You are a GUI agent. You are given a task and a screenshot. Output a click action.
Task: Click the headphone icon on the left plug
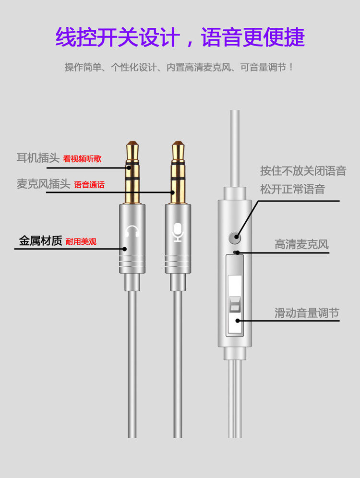(132, 231)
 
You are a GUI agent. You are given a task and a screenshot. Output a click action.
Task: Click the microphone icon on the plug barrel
(178, 232)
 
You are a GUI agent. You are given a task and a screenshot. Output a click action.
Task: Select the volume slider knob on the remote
(235, 304)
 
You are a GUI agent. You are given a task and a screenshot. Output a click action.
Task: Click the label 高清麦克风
(301, 244)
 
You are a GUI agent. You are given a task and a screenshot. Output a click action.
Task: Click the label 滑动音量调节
(307, 313)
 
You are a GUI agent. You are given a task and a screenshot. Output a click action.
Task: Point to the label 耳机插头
(38, 158)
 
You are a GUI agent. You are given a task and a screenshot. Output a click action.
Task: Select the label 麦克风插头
(43, 184)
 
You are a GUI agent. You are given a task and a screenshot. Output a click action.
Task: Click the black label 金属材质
(40, 240)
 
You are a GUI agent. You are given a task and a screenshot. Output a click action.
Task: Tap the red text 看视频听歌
(82, 159)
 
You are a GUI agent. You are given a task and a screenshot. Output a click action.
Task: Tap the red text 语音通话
(89, 185)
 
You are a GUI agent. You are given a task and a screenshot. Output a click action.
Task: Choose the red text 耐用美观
(81, 242)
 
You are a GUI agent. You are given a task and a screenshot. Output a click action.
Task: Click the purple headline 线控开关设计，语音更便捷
(180, 37)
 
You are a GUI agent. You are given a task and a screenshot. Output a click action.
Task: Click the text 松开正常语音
(292, 189)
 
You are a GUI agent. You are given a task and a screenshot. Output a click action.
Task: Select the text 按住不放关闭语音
(303, 171)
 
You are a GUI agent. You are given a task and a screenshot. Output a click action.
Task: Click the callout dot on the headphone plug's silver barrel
(124, 249)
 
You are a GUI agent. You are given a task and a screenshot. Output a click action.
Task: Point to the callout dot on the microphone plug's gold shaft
(172, 192)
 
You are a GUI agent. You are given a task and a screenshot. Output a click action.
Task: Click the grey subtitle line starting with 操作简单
(179, 67)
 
